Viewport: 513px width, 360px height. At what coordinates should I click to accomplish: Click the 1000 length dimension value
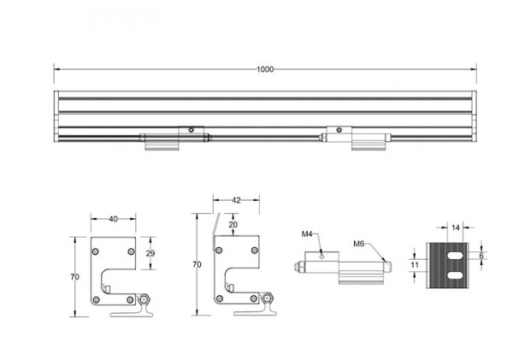point(265,69)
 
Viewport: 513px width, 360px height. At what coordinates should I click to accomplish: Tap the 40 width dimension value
point(113,219)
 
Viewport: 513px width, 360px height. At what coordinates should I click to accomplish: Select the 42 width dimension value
point(236,200)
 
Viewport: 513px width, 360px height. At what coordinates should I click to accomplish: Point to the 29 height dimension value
point(150,253)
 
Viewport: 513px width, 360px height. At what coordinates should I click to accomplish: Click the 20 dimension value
point(233,225)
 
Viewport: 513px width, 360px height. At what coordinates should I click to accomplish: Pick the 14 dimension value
point(456,227)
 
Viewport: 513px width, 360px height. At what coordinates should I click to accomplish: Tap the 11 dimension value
point(415,264)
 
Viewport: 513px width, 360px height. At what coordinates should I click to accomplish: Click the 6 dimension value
point(481,256)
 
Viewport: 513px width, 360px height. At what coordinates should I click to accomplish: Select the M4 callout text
point(307,233)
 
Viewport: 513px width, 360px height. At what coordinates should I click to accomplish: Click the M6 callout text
point(359,244)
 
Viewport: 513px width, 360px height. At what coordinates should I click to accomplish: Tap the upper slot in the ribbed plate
point(455,256)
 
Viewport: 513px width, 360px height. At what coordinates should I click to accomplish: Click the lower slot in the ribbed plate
point(455,275)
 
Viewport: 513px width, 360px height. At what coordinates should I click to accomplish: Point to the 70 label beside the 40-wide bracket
point(75,277)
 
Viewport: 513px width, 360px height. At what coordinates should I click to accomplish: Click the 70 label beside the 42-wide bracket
point(197,264)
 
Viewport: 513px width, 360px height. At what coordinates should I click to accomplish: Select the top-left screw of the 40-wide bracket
point(96,251)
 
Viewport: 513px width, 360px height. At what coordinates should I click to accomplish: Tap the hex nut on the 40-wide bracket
point(144,299)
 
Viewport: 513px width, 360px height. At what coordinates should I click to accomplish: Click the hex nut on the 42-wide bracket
point(268,298)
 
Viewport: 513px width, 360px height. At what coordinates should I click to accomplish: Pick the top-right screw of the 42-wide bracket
point(255,251)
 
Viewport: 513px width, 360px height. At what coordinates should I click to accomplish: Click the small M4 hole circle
point(322,257)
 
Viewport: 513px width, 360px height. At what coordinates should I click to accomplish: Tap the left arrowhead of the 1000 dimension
point(57,69)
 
